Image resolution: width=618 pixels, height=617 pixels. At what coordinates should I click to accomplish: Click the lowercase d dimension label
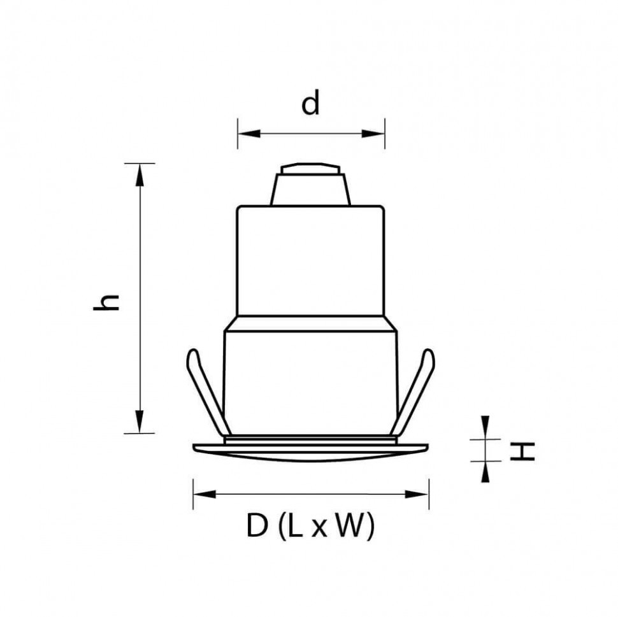310,104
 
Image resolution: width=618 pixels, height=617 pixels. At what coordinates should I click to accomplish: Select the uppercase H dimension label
524,451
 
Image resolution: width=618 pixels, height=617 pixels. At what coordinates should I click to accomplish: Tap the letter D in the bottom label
258,527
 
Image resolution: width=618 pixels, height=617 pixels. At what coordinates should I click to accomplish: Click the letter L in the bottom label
295,527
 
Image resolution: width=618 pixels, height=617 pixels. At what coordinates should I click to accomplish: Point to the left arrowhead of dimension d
246,134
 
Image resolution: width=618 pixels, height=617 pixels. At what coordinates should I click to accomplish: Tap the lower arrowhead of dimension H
485,471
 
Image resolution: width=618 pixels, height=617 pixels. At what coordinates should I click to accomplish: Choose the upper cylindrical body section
310,261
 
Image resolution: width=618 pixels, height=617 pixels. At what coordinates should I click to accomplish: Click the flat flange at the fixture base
310,449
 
